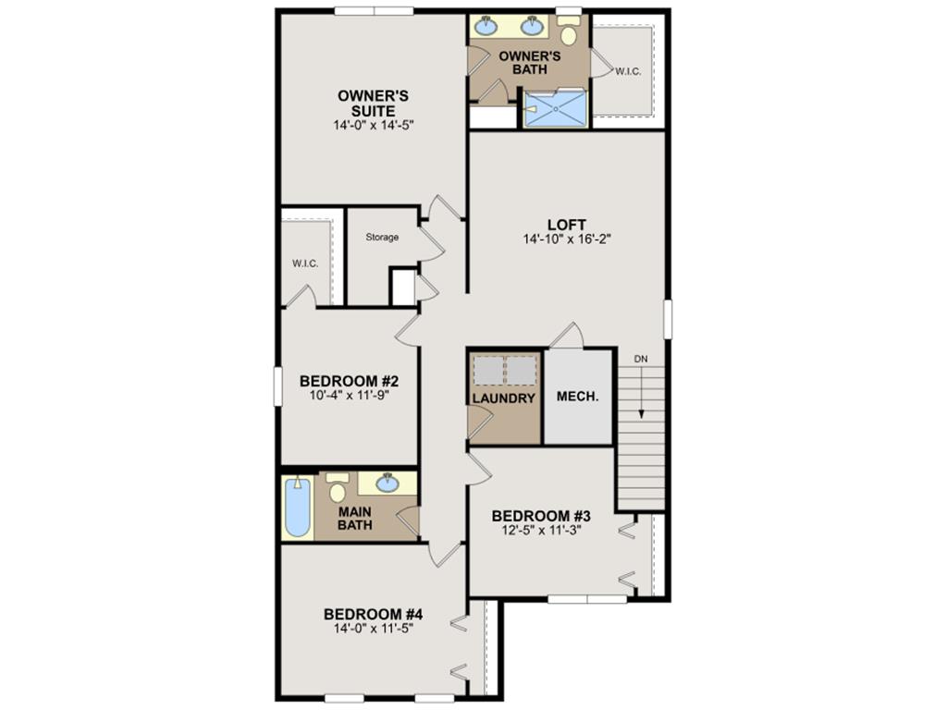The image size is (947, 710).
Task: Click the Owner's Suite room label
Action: click(x=374, y=104)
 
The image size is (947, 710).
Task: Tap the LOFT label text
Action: click(x=567, y=226)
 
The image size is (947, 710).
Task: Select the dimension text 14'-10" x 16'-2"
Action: click(x=567, y=239)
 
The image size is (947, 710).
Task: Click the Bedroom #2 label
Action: click(x=349, y=382)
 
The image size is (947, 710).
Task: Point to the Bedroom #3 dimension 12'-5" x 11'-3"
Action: click(x=540, y=531)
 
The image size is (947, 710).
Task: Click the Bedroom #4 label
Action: click(x=373, y=615)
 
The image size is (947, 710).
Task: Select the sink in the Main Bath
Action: click(x=387, y=483)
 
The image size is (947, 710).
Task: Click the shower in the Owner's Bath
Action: click(x=555, y=109)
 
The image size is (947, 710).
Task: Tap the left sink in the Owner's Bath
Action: click(x=485, y=26)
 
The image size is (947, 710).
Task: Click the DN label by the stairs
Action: click(x=641, y=359)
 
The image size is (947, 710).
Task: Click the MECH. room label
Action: click(x=577, y=397)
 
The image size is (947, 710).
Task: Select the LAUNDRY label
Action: click(x=504, y=398)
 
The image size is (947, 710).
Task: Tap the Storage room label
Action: click(x=382, y=238)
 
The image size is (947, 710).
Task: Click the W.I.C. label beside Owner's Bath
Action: click(x=628, y=71)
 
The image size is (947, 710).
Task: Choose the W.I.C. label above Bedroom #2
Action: click(x=305, y=263)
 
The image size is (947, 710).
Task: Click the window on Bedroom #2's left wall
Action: click(x=277, y=386)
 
